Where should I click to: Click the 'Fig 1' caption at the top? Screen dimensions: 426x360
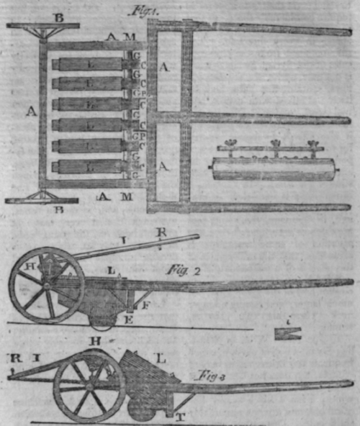click(x=162, y=12)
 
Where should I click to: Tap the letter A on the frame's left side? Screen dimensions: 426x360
click(x=29, y=112)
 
